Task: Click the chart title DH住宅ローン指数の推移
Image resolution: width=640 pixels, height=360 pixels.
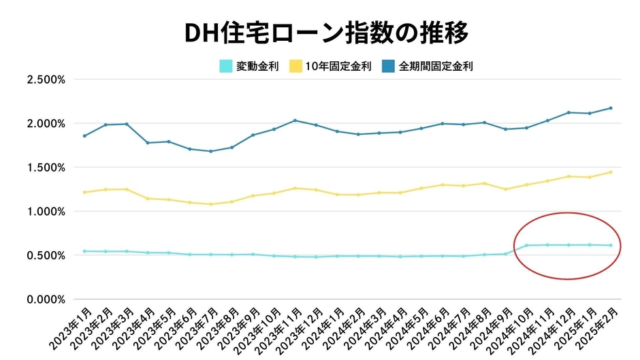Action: (x=320, y=33)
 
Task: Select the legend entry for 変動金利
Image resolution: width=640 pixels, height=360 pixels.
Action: (x=249, y=67)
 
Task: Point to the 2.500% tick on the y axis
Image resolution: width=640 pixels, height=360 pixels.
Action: (x=46, y=80)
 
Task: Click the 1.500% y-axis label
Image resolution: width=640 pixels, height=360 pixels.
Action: (x=46, y=167)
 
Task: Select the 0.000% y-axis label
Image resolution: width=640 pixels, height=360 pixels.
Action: (x=46, y=299)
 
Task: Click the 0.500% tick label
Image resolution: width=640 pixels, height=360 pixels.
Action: (x=46, y=255)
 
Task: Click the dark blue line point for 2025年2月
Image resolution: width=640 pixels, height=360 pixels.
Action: (x=611, y=108)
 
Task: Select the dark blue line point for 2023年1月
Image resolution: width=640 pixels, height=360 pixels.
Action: (x=84, y=135)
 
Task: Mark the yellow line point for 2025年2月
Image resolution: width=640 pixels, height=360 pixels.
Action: (x=611, y=172)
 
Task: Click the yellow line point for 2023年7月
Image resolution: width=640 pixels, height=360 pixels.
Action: (x=210, y=204)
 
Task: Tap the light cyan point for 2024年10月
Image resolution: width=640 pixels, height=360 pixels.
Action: (x=526, y=245)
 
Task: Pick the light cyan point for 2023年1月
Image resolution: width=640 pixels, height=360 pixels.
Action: (x=84, y=251)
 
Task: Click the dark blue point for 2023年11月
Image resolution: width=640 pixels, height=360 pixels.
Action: (x=295, y=120)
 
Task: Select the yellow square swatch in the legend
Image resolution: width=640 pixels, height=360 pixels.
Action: (x=295, y=67)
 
